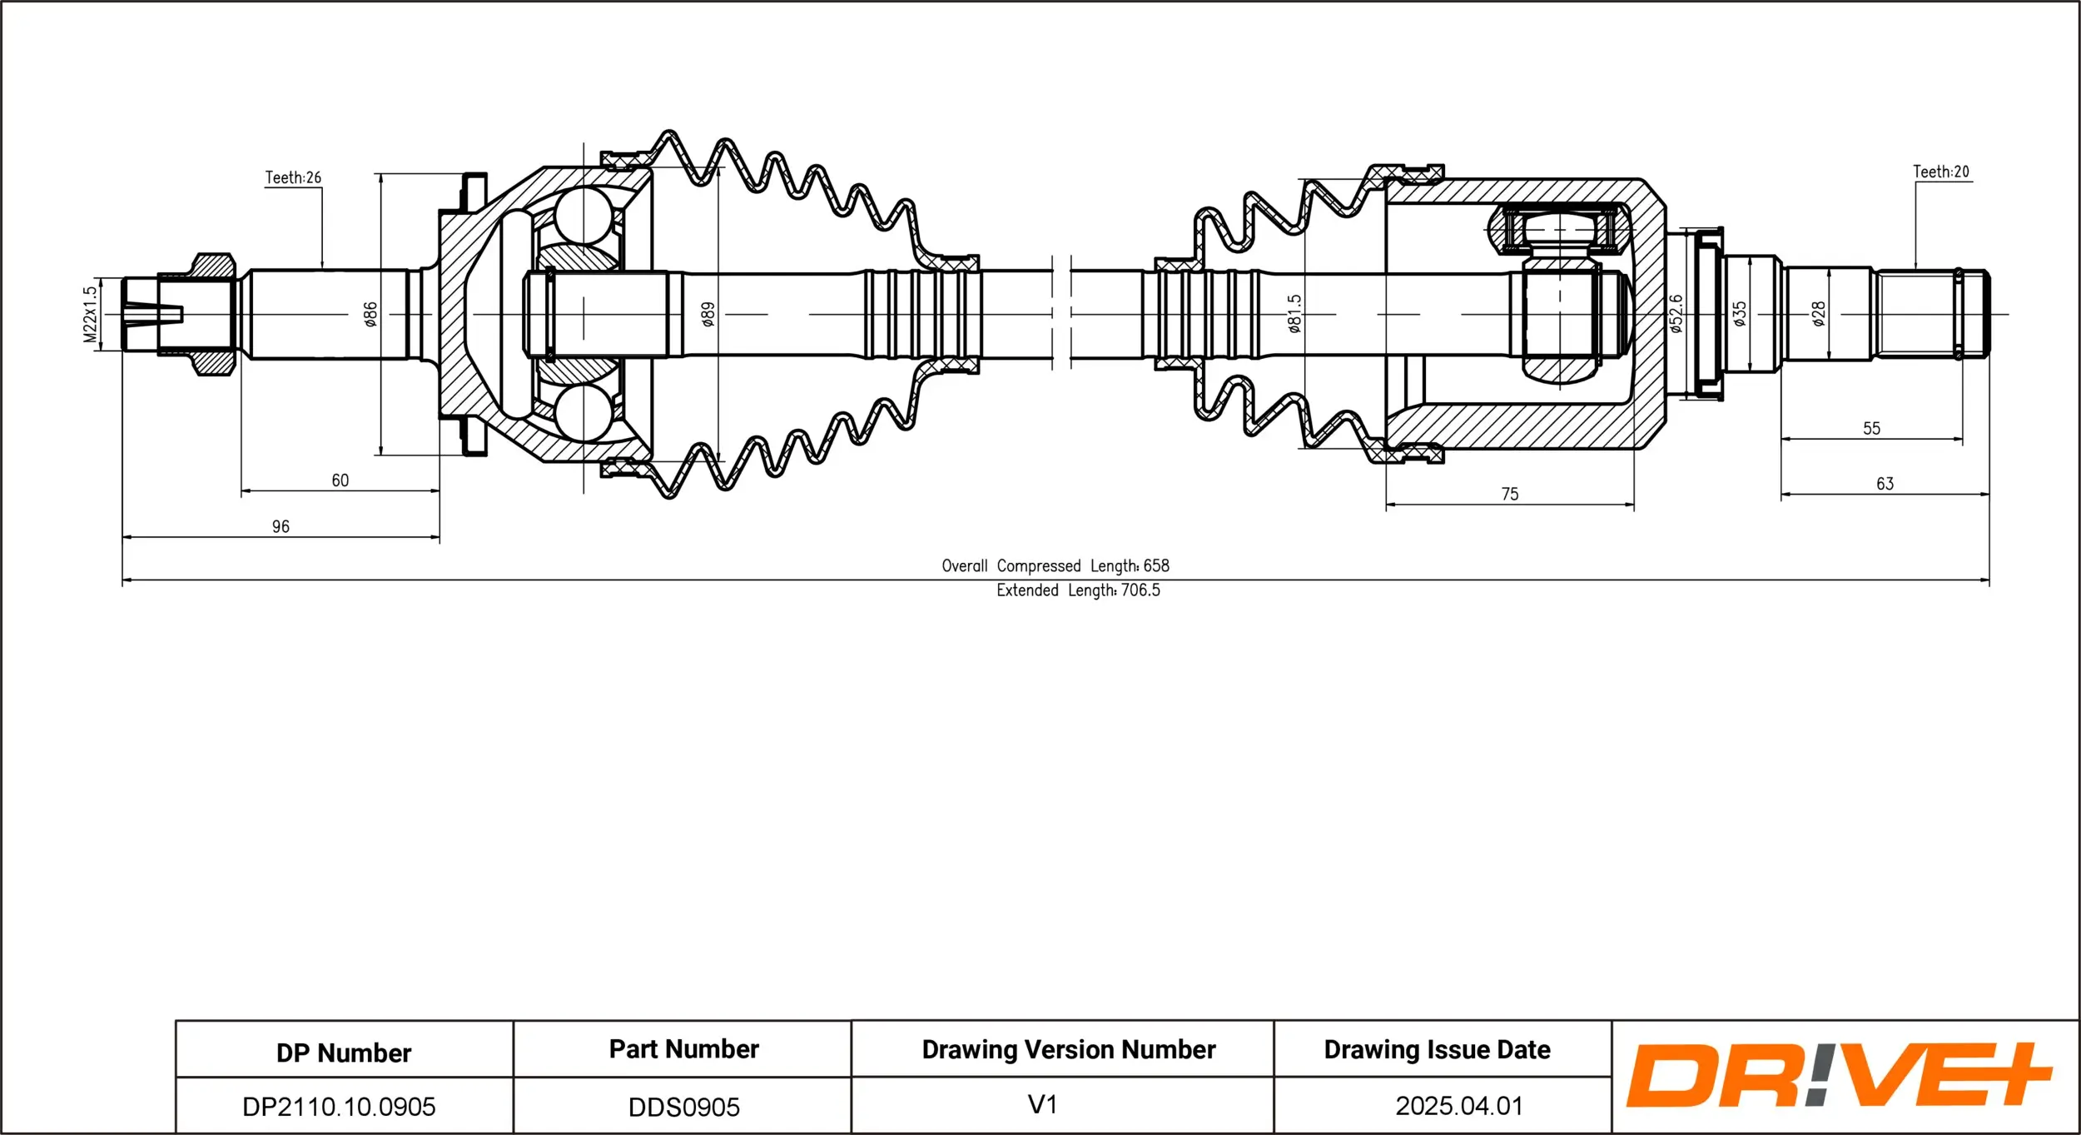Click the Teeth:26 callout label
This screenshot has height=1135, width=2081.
click(x=293, y=177)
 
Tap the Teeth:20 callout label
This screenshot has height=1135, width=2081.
click(x=1940, y=172)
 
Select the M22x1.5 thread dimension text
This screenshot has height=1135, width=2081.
click(x=90, y=315)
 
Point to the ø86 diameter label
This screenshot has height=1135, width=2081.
click(x=370, y=314)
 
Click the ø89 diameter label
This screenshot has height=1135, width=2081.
click(x=708, y=314)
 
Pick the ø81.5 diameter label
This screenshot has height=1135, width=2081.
click(x=1294, y=314)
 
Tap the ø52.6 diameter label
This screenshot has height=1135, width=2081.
click(x=1676, y=314)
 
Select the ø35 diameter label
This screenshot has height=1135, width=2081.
click(x=1739, y=314)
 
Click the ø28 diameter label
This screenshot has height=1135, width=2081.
click(x=1819, y=314)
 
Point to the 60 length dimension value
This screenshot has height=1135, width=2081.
click(x=340, y=480)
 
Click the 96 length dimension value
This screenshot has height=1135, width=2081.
click(x=281, y=526)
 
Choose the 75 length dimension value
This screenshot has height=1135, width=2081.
click(x=1510, y=494)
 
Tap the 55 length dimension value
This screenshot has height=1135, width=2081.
click(x=1871, y=428)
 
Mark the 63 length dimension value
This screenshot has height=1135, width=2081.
click(x=1885, y=484)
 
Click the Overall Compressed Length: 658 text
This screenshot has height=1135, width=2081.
click(x=1055, y=565)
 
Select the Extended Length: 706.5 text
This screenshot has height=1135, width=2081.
click(x=1078, y=590)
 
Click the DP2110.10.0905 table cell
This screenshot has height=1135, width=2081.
click(x=339, y=1106)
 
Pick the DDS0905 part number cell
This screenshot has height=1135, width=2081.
click(x=683, y=1107)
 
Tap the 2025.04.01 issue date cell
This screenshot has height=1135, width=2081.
click(x=1458, y=1105)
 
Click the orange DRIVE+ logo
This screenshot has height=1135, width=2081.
click(x=1839, y=1075)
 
